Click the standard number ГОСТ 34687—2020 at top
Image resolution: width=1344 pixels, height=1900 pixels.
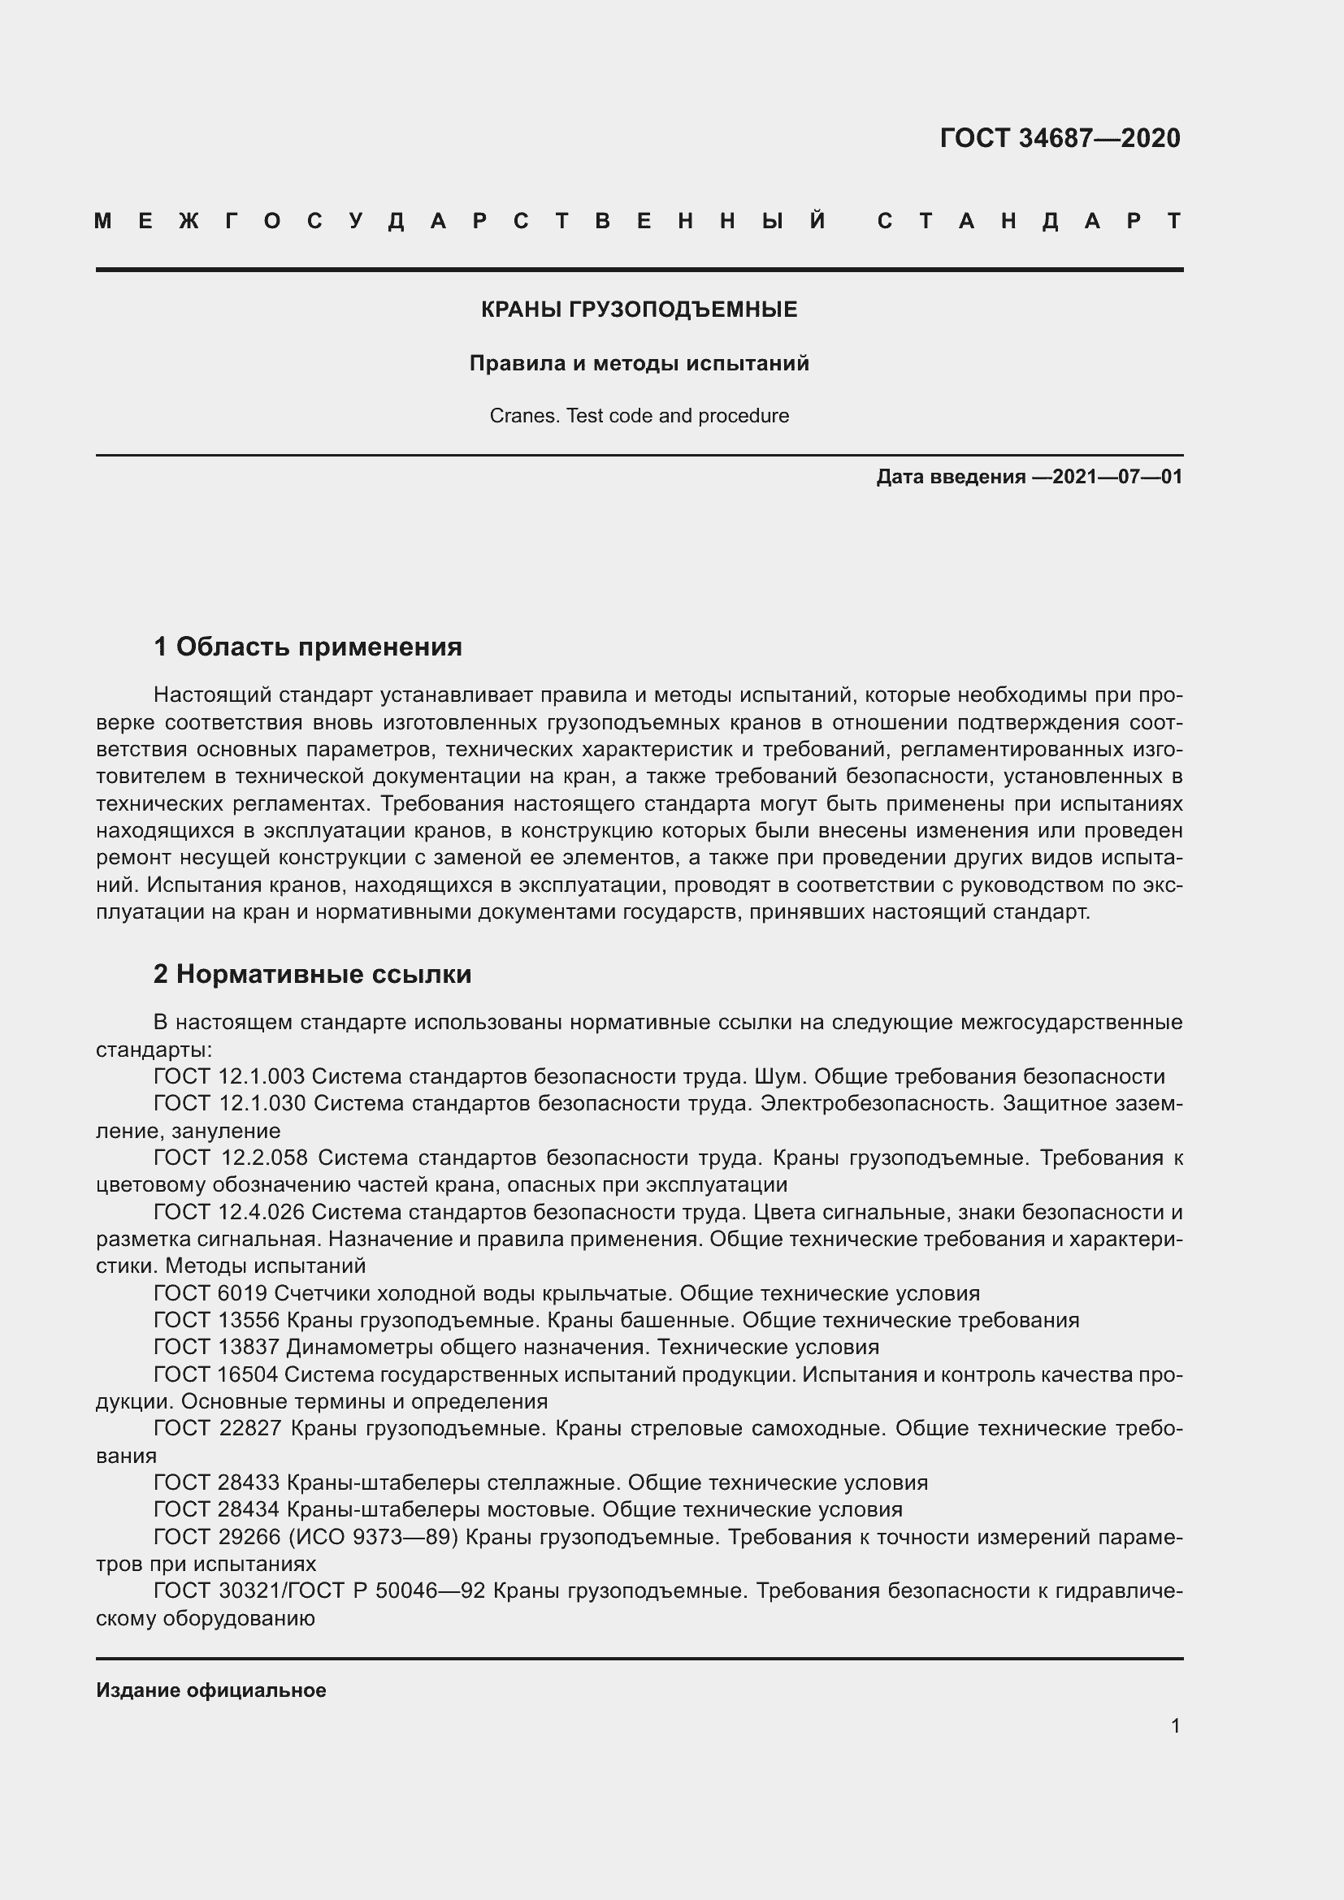click(1060, 138)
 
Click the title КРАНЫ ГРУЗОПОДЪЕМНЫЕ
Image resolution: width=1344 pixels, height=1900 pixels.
click(639, 309)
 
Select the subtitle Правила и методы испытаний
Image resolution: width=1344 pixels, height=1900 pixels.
click(639, 363)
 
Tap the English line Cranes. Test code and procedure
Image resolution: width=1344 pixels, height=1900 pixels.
click(639, 415)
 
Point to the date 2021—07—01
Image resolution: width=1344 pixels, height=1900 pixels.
click(1116, 477)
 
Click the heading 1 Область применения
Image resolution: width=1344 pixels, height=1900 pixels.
click(307, 647)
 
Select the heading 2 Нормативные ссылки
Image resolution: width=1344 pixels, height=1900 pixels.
click(312, 974)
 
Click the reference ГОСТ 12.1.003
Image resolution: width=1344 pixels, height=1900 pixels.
click(229, 1076)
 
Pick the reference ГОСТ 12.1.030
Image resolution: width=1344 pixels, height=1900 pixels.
click(229, 1103)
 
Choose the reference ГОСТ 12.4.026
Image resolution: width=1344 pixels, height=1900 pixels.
click(229, 1212)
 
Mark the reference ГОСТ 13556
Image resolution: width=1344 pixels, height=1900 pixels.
click(217, 1320)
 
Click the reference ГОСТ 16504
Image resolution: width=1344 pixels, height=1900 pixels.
click(217, 1374)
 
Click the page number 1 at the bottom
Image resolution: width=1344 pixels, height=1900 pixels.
click(1175, 1725)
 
